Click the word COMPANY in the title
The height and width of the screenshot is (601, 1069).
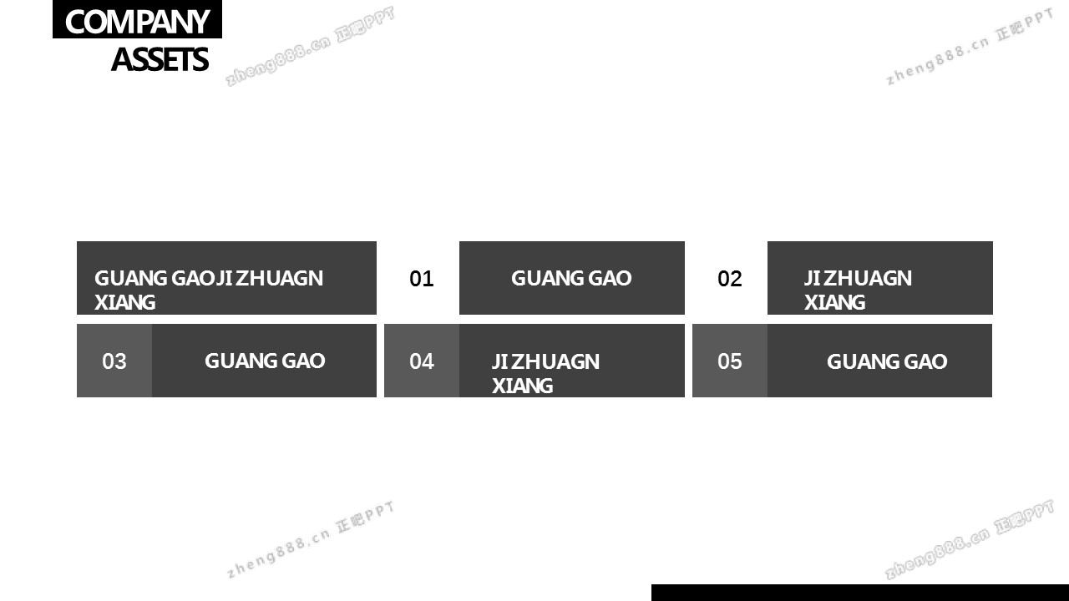coord(137,22)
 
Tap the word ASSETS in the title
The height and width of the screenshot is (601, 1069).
coord(160,60)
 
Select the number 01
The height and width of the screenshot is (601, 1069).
coord(422,279)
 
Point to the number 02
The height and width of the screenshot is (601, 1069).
coord(730,279)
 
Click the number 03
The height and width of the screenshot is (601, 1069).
coord(114,361)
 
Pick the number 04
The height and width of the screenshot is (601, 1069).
coord(422,361)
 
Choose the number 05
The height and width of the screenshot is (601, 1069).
coord(730,361)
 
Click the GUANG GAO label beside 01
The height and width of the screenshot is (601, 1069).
coord(571,278)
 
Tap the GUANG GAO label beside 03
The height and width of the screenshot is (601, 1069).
coord(265,361)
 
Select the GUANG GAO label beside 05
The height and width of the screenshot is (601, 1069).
coord(887,361)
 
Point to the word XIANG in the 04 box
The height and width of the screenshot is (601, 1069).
coord(522,386)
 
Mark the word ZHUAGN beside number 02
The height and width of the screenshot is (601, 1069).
coord(868,278)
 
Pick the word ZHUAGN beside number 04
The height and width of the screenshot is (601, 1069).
coord(555,361)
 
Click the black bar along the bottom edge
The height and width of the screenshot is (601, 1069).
coord(859,593)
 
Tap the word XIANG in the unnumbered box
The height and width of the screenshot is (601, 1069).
coord(124,302)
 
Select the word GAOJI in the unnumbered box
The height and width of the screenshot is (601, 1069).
coord(194,278)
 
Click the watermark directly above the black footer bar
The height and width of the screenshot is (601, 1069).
coord(970,540)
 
